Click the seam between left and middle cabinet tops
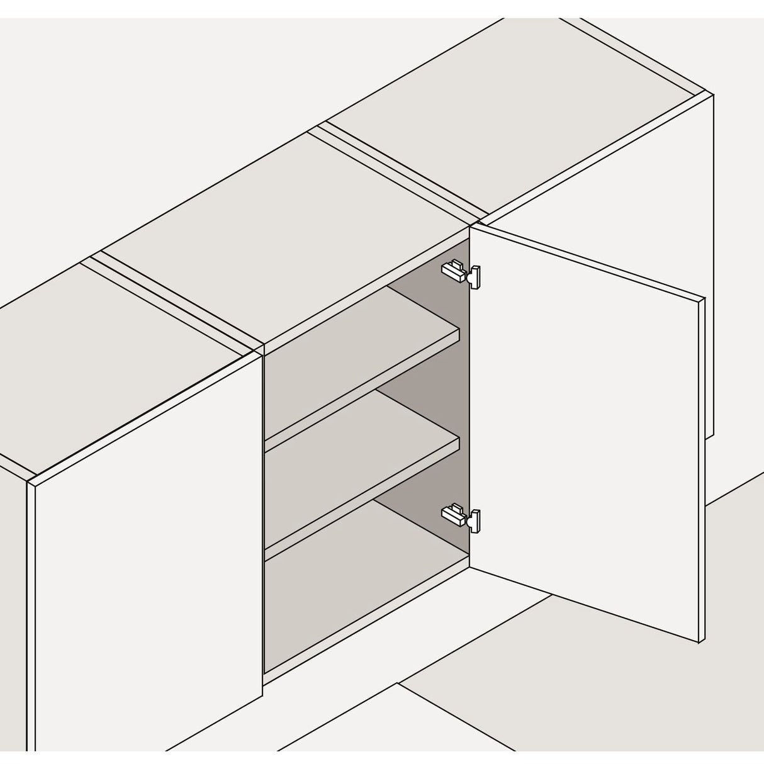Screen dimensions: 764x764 tap(170, 302)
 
